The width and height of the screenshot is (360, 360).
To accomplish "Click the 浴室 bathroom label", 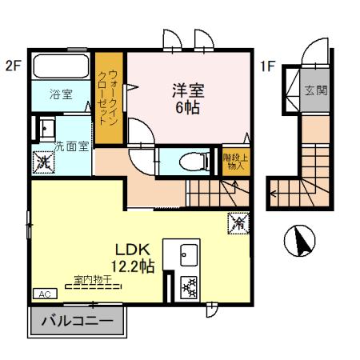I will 61,94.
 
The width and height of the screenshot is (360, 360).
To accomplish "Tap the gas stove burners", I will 189,286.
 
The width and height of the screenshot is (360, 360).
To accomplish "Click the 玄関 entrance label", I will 315,90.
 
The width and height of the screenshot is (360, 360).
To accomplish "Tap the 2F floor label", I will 13,66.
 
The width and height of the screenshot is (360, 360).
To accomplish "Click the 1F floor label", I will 267,66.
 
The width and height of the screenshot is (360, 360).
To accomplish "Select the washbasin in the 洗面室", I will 45,128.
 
